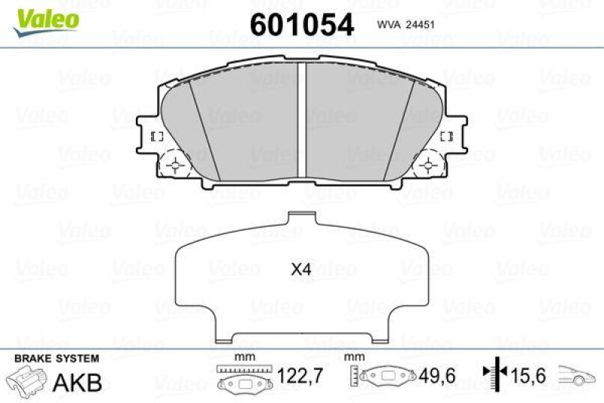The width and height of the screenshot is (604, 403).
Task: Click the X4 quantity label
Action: (302, 268)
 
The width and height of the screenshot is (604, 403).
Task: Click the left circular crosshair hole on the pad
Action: (177, 163)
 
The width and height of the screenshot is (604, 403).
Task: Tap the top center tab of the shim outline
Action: (302, 219)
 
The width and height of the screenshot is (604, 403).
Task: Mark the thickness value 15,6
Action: (531, 375)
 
